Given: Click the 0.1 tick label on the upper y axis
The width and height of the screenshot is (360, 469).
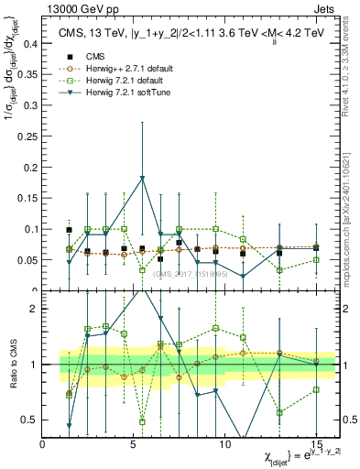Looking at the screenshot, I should [30, 229].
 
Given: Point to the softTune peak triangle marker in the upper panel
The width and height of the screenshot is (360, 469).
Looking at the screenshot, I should [142, 179].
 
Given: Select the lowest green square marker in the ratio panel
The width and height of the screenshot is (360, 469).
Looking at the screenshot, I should [142, 421].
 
